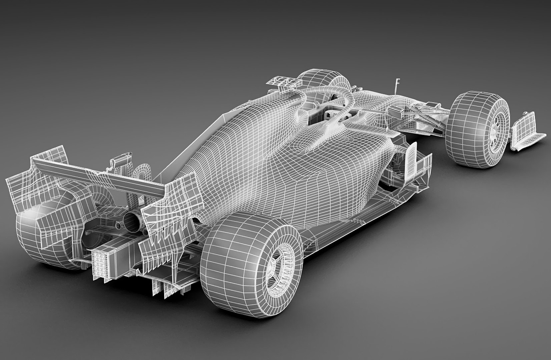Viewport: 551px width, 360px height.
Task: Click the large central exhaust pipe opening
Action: tap(133, 221)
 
